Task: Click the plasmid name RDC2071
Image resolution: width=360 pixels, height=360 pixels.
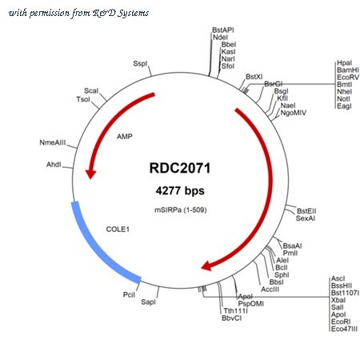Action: [x=180, y=168]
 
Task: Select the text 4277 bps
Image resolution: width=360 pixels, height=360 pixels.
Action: [x=180, y=190]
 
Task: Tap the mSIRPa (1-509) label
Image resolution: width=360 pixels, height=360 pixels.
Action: [x=181, y=210]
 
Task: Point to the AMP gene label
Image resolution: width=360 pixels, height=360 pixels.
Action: [x=125, y=137]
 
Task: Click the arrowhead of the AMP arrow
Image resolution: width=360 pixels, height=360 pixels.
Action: [x=90, y=174]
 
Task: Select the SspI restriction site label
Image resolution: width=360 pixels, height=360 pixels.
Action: [x=140, y=63]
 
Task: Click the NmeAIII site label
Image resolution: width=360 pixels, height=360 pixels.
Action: [x=53, y=142]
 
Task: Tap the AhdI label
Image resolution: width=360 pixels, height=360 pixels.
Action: [x=54, y=165]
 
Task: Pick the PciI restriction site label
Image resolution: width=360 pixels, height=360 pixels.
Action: [x=129, y=294]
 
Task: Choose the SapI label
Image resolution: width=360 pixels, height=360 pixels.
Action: [x=148, y=302]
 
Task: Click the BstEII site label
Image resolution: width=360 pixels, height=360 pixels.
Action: [x=306, y=211]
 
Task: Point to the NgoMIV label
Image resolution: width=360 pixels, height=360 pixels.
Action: [x=294, y=113]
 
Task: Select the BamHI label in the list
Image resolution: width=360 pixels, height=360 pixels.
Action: [x=348, y=70]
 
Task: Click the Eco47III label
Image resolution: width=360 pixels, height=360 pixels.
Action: [x=344, y=329]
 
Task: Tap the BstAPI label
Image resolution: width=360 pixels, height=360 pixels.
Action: [x=223, y=30]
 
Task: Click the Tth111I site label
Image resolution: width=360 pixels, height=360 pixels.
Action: [x=236, y=310]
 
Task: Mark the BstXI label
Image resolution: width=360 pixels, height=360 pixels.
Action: [x=254, y=77]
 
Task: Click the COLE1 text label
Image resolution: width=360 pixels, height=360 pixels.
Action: [x=118, y=230]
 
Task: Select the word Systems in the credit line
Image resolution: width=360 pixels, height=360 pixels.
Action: [x=134, y=13]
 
